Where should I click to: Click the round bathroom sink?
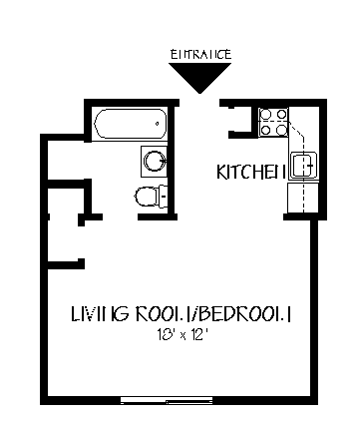tap(155, 161)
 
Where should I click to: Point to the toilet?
tap(147, 195)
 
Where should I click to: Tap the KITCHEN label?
tap(251, 173)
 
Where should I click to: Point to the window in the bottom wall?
tap(180, 400)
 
